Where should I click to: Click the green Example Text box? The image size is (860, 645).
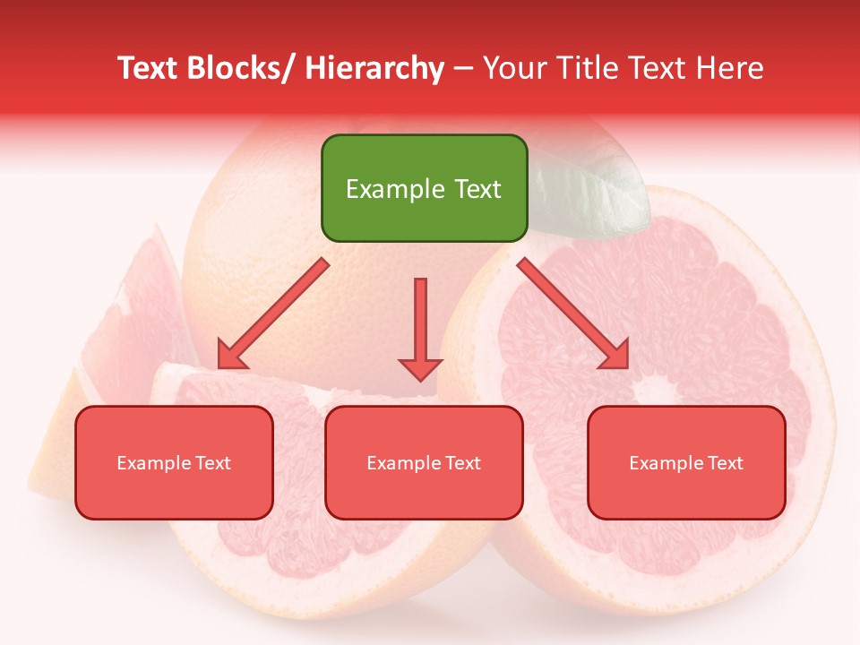424,188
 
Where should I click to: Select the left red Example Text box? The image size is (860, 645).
174,462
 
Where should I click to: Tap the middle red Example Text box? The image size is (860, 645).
424,462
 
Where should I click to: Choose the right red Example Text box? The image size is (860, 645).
686,462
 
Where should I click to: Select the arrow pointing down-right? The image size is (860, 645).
573,314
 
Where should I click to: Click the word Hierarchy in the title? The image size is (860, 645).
374,68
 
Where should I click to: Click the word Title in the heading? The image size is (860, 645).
585,68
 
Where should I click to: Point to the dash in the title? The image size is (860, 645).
463,68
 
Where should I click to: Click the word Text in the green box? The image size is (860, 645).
476,189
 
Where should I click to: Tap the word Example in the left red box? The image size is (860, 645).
153,463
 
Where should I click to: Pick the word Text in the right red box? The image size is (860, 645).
726,463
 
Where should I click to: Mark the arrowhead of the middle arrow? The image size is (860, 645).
420,368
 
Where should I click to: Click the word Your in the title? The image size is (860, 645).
512,68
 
